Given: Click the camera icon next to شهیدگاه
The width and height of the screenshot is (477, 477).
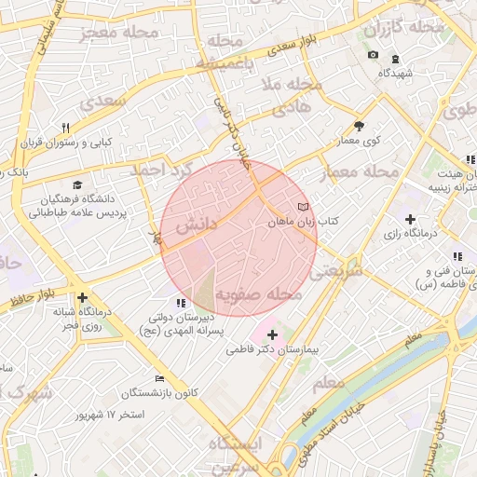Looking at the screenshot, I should pos(373,55).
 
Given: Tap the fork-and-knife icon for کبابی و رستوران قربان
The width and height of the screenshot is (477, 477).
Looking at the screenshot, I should pos(65,128).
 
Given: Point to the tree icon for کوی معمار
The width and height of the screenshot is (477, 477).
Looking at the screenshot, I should pos(359,127).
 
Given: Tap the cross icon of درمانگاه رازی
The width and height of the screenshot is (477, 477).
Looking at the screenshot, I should pos(410,219).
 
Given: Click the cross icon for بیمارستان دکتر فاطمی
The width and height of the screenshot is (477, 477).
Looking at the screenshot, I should pos(272,334).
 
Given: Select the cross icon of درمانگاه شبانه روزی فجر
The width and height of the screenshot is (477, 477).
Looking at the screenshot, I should pos(82,298).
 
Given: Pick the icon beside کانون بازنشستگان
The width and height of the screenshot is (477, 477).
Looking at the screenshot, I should pos(160,378).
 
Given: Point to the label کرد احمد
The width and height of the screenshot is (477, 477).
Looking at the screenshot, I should pos(172,171).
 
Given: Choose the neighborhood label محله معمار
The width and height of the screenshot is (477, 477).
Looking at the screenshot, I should pos(359,172).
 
